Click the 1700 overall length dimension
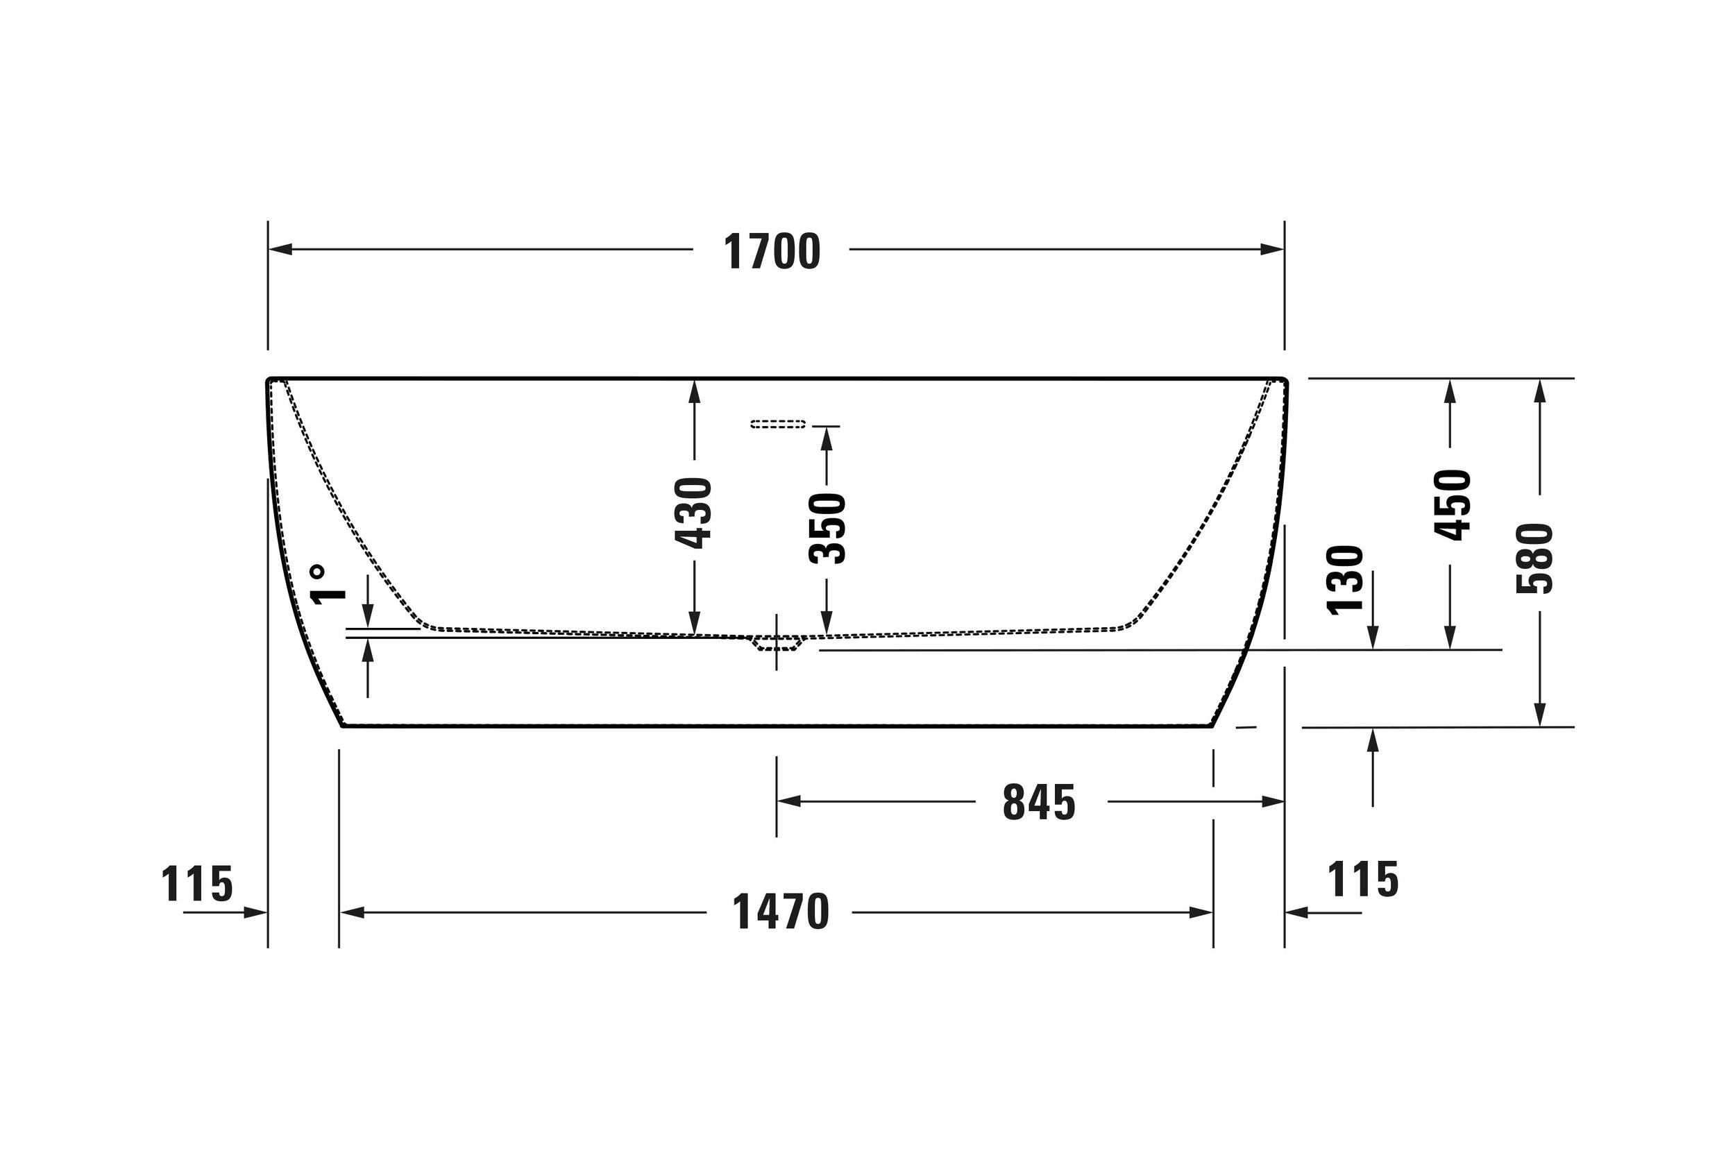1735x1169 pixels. click(x=772, y=251)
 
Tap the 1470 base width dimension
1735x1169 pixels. click(x=780, y=912)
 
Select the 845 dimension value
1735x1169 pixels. click(x=1039, y=802)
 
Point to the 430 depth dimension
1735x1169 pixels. click(x=693, y=513)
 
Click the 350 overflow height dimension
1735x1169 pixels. click(x=827, y=528)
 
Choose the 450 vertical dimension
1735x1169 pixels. click(x=1452, y=505)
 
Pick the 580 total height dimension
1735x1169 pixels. click(x=1534, y=558)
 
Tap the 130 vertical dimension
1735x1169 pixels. click(x=1345, y=580)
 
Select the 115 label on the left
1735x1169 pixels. click(x=197, y=884)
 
